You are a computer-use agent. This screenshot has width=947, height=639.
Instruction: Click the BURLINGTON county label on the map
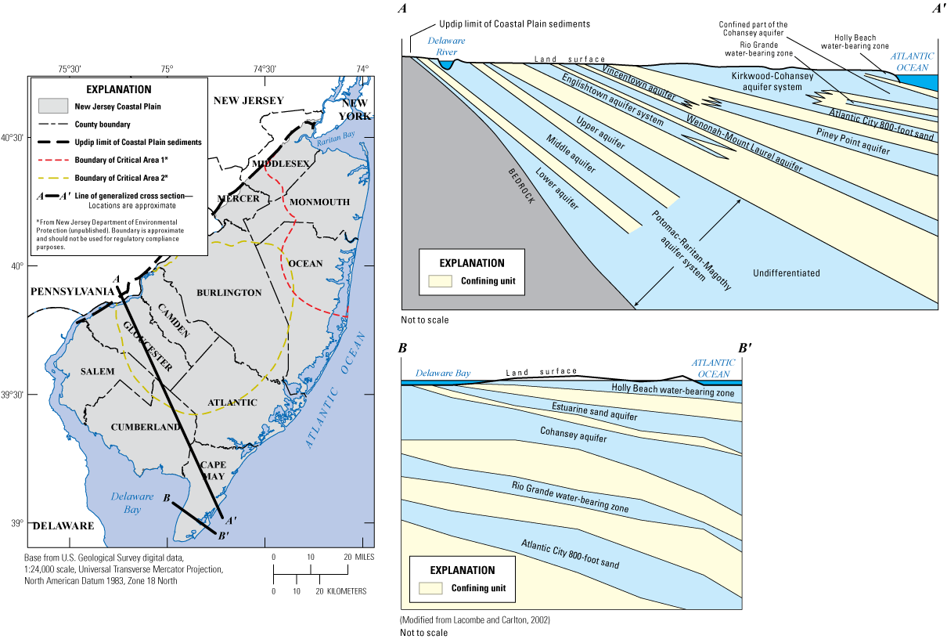click(229, 292)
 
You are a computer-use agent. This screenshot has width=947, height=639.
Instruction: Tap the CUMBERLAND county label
click(147, 427)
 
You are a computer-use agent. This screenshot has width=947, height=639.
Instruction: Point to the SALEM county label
click(97, 370)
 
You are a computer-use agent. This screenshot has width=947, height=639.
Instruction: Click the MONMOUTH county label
click(319, 201)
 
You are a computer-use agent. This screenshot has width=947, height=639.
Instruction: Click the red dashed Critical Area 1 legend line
click(57, 160)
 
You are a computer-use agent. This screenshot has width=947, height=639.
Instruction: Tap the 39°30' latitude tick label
click(13, 395)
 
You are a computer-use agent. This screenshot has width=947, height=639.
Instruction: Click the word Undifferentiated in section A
click(787, 273)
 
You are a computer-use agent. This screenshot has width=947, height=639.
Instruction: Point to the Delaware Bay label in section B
click(443, 374)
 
